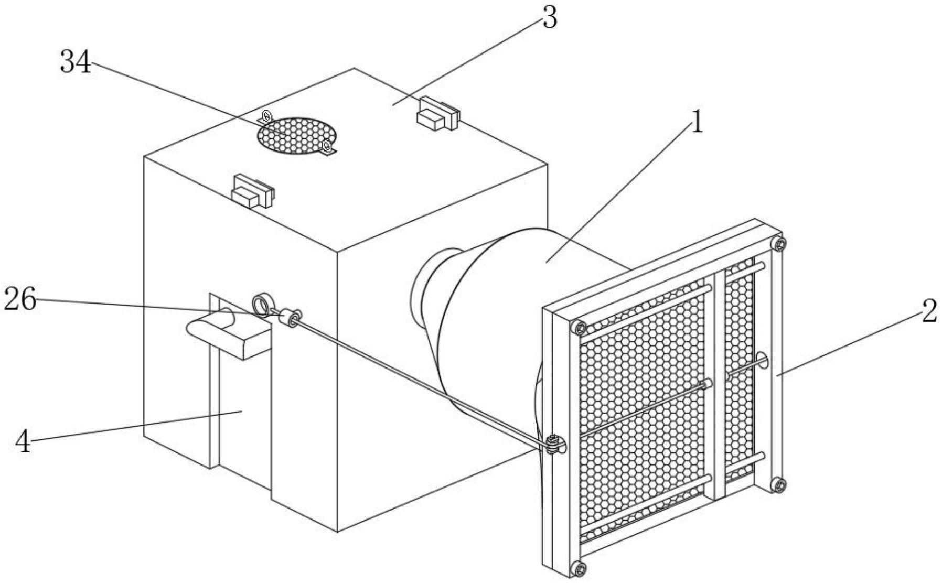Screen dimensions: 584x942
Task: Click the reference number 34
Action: tap(76, 62)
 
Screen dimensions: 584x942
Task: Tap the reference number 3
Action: tap(549, 19)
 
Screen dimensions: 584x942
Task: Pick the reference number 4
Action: tap(23, 442)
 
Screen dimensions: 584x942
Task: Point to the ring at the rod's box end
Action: tap(261, 305)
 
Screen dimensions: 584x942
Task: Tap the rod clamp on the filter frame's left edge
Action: tap(554, 445)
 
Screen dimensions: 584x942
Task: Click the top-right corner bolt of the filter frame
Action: tap(780, 244)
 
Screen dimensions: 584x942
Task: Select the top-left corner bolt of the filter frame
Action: tap(580, 328)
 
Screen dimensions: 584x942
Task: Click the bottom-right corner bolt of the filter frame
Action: tap(779, 485)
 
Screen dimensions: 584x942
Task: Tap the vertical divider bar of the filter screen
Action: tap(719, 385)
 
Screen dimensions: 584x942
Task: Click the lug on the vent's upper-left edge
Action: tap(266, 116)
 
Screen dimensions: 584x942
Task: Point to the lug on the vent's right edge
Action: tap(327, 146)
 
